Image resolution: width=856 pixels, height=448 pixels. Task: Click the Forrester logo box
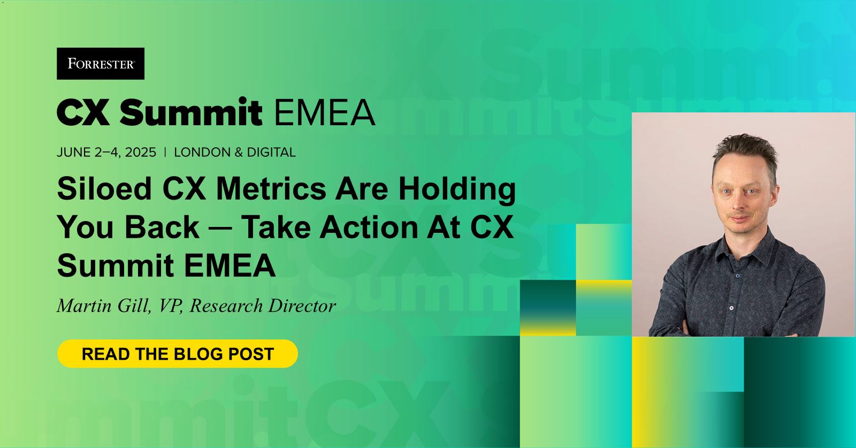point(101,64)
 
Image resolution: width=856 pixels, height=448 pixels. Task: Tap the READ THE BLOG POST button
point(178,354)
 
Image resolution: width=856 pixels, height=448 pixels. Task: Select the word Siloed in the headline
point(105,189)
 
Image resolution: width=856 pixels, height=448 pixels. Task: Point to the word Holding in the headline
point(457,190)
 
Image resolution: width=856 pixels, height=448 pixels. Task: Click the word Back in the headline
point(163,227)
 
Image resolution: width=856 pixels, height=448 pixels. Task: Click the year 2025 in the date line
point(141,153)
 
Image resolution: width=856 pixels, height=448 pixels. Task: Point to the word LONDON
point(202,153)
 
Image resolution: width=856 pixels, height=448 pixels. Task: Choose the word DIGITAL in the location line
point(271,153)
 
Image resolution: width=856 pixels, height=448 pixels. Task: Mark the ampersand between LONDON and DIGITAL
point(239,153)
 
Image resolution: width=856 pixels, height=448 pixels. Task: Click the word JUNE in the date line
point(74,153)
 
